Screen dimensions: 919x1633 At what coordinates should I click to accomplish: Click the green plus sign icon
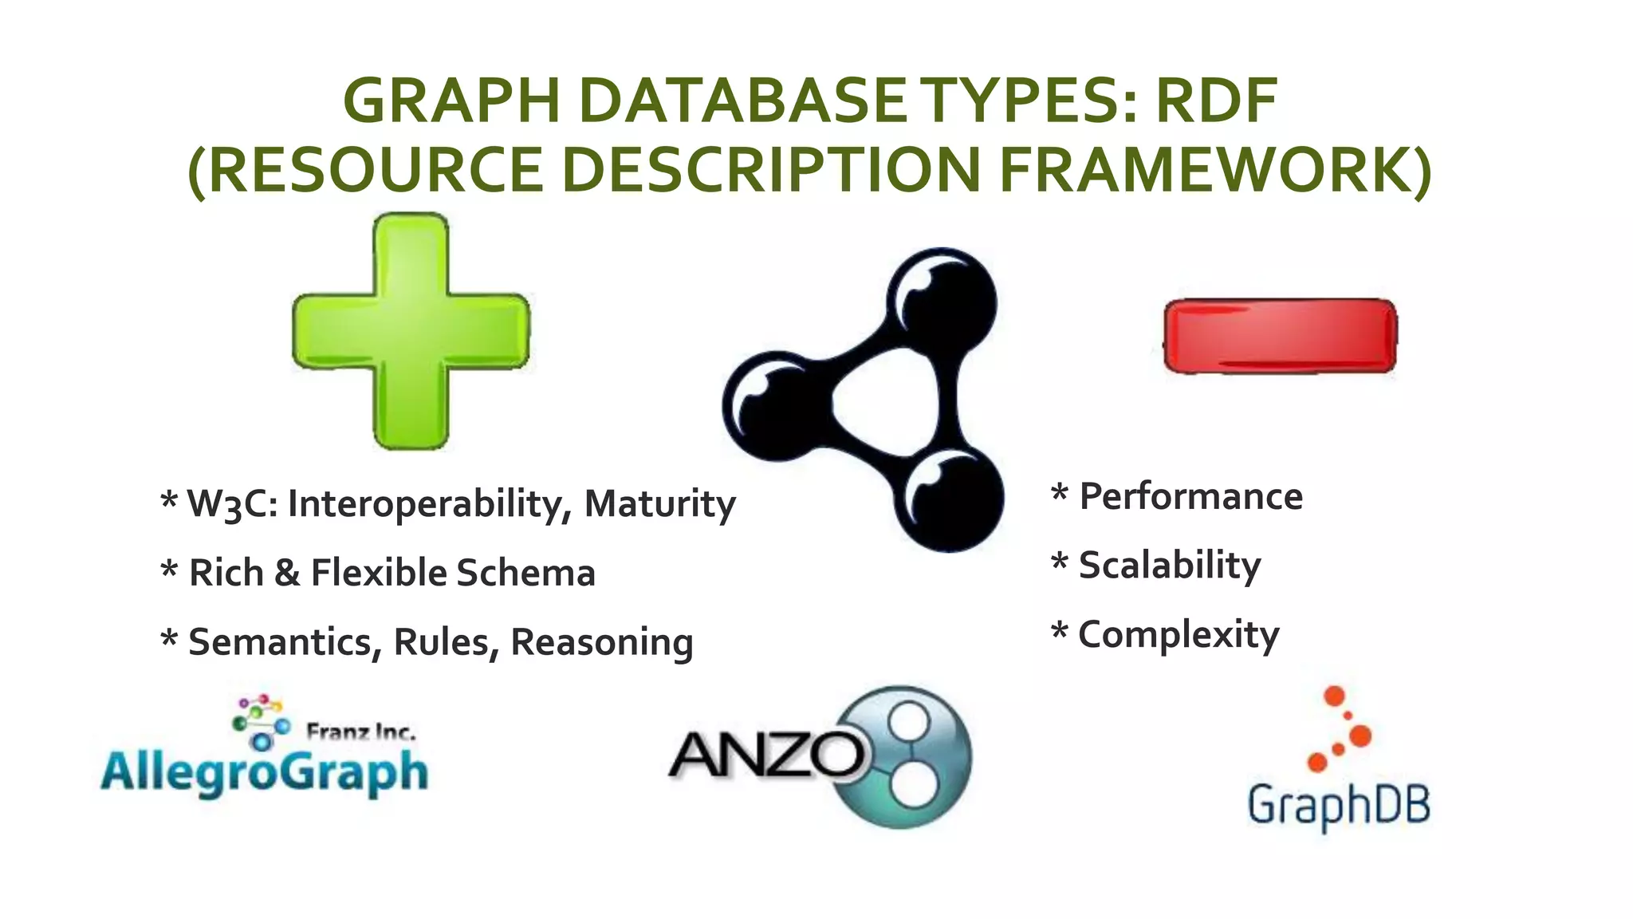tap(411, 331)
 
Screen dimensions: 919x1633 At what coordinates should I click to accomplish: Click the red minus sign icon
tap(1280, 336)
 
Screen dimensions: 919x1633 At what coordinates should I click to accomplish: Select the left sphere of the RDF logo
tap(775, 407)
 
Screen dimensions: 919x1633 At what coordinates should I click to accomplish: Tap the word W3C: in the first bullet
tap(232, 504)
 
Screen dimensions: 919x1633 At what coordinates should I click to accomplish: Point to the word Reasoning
tap(601, 643)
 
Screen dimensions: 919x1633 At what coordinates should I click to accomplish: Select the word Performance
tap(1190, 496)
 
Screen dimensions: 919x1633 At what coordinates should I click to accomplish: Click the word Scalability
tap(1170, 566)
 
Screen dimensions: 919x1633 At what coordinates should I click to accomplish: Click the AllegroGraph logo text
tap(264, 772)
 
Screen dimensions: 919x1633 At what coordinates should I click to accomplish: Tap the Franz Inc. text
tap(360, 732)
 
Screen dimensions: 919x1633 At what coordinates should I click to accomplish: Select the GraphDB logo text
tap(1339, 806)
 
